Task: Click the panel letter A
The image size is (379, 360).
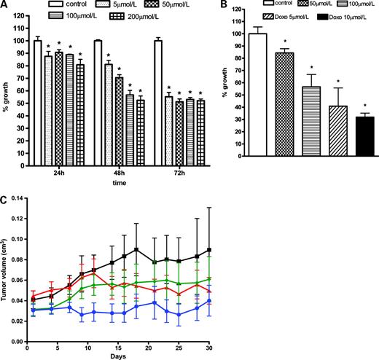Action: click(6, 6)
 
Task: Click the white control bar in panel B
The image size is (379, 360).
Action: click(257, 95)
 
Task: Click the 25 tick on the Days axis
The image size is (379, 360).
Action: click(179, 343)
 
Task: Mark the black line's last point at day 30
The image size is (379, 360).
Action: click(209, 250)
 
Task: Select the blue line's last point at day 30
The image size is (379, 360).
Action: click(209, 300)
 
